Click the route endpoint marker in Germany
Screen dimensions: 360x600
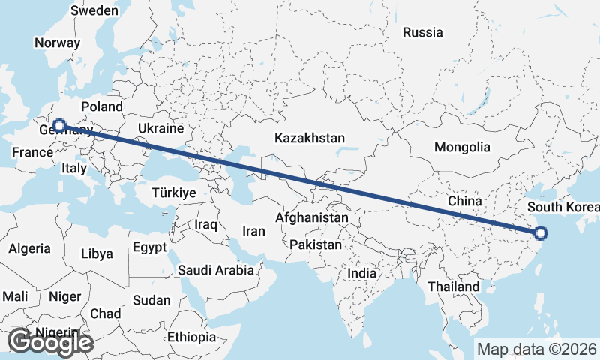[58, 126]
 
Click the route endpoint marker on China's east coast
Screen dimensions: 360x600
[541, 232]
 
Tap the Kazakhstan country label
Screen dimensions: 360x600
[309, 139]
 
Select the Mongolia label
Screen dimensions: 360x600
[462, 147]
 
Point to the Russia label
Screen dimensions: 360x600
[422, 32]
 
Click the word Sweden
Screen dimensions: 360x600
[94, 10]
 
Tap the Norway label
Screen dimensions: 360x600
[57, 43]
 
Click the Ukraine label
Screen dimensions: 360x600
[155, 129]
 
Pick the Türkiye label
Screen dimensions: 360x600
[173, 193]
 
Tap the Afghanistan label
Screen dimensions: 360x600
[312, 217]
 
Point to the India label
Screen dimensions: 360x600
[361, 274]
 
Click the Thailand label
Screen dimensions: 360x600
[453, 286]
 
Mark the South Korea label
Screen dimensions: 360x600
[563, 207]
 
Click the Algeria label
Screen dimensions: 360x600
[30, 248]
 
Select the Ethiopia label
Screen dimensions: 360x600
[191, 337]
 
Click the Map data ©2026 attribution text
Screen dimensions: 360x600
[537, 349]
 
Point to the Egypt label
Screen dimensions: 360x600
[148, 247]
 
